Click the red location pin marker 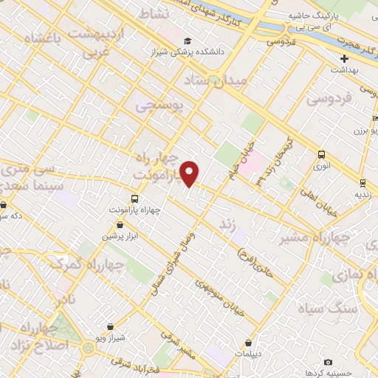click(190, 174)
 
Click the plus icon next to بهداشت click(344, 58)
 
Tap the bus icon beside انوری click(320, 154)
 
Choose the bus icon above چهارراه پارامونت click(134, 199)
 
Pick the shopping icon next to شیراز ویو click(110, 326)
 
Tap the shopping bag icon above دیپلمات click(248, 343)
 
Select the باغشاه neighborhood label click(34, 38)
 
